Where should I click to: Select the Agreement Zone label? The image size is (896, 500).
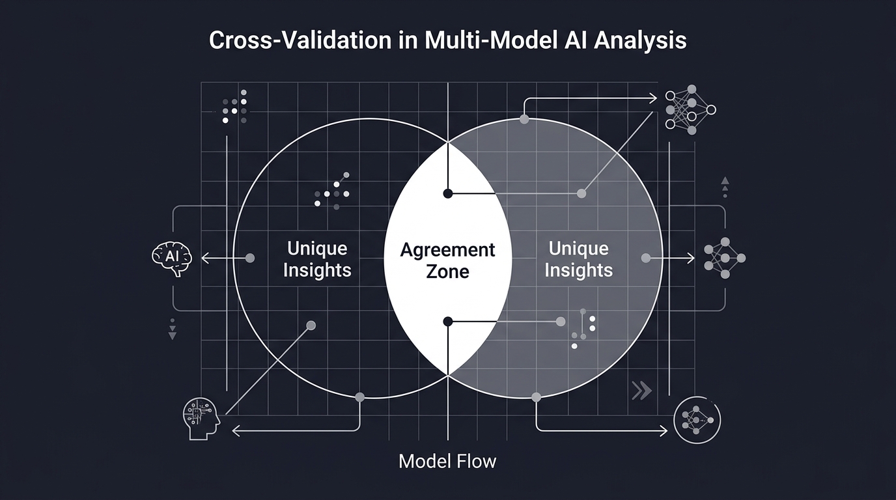[x=448, y=260]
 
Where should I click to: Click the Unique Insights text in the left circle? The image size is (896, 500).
[x=317, y=259]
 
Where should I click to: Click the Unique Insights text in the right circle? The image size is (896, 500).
[x=578, y=259]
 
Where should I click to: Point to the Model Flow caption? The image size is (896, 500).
[x=447, y=462]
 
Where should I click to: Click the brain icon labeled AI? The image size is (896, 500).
[x=172, y=258]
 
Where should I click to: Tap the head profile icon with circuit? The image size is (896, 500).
[x=201, y=417]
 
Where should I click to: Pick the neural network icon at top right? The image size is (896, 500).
[x=690, y=109]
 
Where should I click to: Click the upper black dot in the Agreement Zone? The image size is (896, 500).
[x=448, y=193]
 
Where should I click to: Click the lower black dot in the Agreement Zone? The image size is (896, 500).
[x=448, y=321]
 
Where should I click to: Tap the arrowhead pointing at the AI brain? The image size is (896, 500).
[x=204, y=258]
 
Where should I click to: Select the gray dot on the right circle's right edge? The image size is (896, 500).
[x=646, y=258]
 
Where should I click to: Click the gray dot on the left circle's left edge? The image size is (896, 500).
[x=249, y=258]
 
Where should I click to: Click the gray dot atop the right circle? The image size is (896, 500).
[x=524, y=119]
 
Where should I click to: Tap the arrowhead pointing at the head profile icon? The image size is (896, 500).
[x=236, y=430]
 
